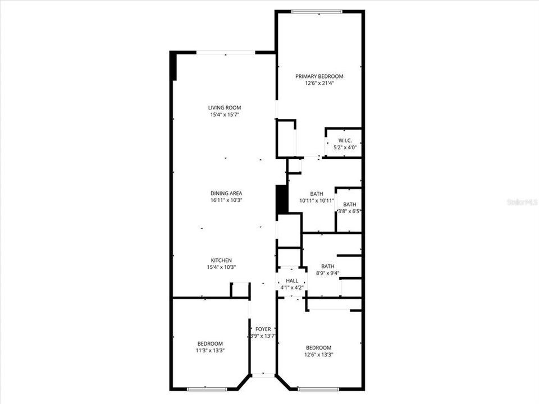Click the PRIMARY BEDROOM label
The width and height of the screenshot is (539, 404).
(319, 76)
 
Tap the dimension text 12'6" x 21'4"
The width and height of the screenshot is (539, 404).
(319, 84)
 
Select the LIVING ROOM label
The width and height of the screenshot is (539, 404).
(225, 108)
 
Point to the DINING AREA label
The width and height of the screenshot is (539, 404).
(226, 194)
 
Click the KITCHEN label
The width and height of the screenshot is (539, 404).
(221, 260)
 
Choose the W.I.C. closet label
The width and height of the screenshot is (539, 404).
(345, 140)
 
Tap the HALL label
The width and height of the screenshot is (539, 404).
(292, 281)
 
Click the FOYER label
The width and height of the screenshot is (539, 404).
(263, 329)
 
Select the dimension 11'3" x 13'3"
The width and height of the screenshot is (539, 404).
(210, 351)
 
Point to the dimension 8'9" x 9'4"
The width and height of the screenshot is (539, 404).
(328, 273)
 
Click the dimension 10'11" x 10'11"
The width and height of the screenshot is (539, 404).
(317, 201)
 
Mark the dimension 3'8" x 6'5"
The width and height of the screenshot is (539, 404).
(349, 212)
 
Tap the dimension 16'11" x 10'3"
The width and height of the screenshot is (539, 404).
(226, 200)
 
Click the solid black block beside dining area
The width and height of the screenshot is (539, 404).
(282, 199)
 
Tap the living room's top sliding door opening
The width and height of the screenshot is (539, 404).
(226, 53)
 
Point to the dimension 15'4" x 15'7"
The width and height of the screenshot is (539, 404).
(225, 114)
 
